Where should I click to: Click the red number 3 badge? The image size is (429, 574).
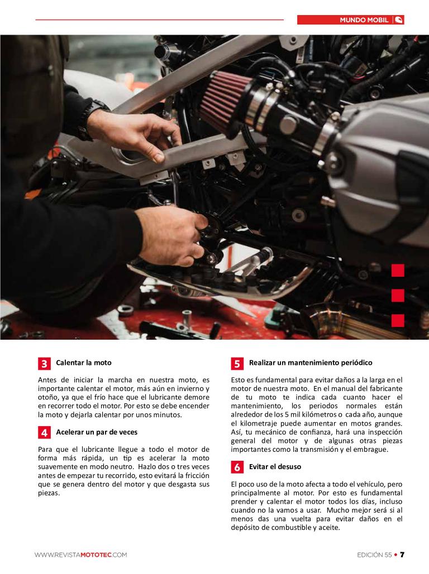click(x=44, y=364)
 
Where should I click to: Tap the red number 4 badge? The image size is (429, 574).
click(x=44, y=433)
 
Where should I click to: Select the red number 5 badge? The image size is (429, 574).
click(x=237, y=364)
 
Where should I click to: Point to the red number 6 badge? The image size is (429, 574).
click(x=237, y=467)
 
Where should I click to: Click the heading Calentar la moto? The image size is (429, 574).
click(x=84, y=363)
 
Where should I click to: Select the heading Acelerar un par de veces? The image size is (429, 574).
click(x=97, y=432)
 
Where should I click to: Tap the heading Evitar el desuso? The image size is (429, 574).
click(x=275, y=467)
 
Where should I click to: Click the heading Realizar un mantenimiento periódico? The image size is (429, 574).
click(x=311, y=363)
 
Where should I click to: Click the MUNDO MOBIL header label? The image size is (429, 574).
click(x=364, y=20)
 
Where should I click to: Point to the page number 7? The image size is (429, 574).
click(x=402, y=554)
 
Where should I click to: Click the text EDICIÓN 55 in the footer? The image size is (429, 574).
click(x=374, y=555)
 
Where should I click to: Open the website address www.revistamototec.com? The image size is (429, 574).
click(x=80, y=555)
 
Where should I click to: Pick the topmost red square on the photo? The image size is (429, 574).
click(x=398, y=271)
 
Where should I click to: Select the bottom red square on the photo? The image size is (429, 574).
click(x=398, y=320)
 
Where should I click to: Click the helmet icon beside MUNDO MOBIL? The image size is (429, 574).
click(x=399, y=20)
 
